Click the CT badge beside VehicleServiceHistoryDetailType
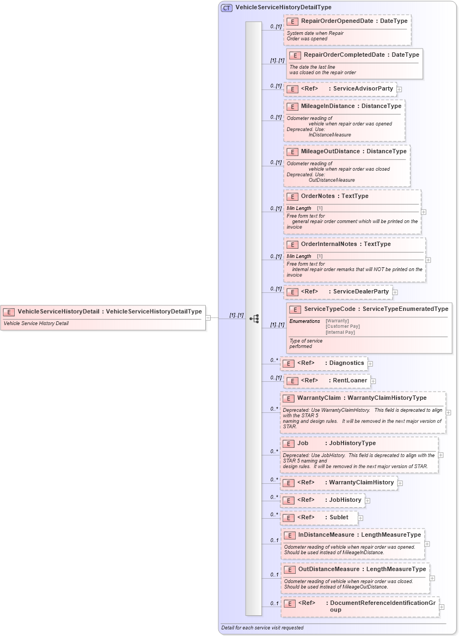pyautogui.click(x=227, y=8)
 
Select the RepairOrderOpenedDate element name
pyautogui.click(x=337, y=21)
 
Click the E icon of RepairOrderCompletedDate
pyautogui.click(x=295, y=55)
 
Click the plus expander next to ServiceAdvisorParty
pyautogui.click(x=399, y=89)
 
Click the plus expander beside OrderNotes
pyautogui.click(x=424, y=212)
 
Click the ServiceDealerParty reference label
pyautogui.click(x=360, y=292)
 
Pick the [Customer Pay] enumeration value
pyautogui.click(x=342, y=326)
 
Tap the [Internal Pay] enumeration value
pyautogui.click(x=340, y=332)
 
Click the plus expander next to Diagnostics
pyautogui.click(x=370, y=363)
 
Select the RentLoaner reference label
pyautogui.click(x=350, y=381)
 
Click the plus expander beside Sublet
pyautogui.click(x=360, y=518)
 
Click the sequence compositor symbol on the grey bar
pyautogui.click(x=254, y=319)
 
